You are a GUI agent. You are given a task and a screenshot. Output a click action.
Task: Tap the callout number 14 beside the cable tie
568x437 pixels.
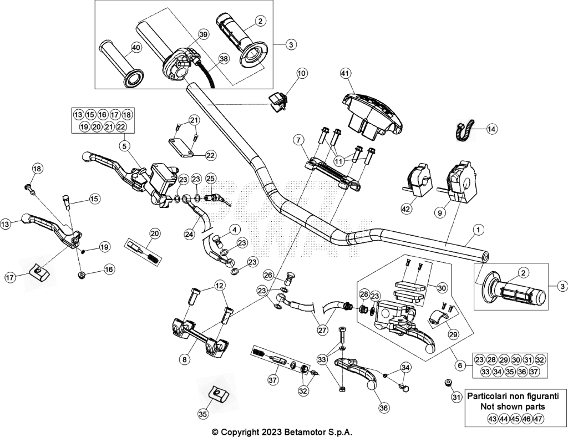[x=491, y=129]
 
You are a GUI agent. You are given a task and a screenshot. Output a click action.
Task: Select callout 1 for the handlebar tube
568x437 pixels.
[x=479, y=230]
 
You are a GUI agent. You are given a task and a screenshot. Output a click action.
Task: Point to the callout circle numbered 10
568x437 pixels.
[x=301, y=73]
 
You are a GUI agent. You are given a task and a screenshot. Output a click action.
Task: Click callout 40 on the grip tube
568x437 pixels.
[x=136, y=48]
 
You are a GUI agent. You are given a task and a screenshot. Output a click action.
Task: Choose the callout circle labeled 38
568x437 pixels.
[x=224, y=58]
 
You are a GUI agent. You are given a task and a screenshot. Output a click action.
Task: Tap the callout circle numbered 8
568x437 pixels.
[x=184, y=359]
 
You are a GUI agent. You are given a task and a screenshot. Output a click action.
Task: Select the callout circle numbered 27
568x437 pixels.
[x=322, y=330]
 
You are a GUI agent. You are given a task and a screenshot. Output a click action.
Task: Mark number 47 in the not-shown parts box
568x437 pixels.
[x=538, y=419]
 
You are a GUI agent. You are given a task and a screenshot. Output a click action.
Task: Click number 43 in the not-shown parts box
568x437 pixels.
[x=492, y=419]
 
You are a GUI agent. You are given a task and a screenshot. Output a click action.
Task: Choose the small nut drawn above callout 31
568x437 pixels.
[x=448, y=382]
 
